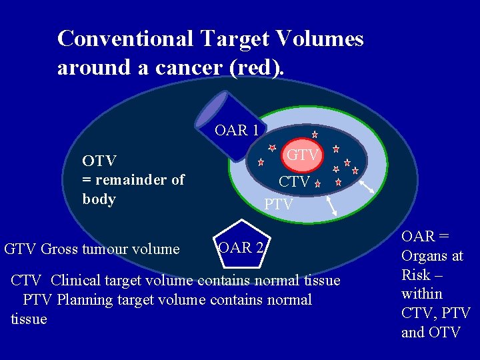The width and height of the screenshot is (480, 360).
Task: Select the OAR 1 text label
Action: point(236,130)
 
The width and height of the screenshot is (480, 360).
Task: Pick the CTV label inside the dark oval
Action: point(293,181)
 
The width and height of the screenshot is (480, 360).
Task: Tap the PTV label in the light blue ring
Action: point(278,205)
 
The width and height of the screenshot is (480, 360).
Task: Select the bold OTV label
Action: point(99,161)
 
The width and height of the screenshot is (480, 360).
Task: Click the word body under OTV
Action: point(99,199)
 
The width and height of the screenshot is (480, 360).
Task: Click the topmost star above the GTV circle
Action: point(315,135)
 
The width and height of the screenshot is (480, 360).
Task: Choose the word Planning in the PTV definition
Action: point(84,300)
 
